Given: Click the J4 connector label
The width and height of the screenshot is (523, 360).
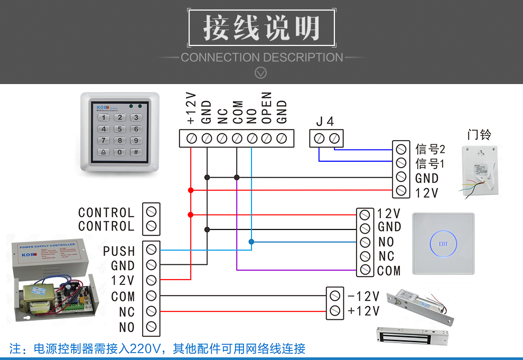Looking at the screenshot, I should (x=325, y=122).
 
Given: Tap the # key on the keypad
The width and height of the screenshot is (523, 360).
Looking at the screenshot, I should (x=136, y=152).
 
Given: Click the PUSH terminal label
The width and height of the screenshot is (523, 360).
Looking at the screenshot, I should (x=119, y=251).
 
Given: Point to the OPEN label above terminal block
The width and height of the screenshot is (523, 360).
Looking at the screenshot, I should (x=267, y=108).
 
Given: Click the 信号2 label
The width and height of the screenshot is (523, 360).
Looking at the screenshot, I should (x=430, y=149).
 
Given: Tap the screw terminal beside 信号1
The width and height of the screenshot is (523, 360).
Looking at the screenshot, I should (x=401, y=163).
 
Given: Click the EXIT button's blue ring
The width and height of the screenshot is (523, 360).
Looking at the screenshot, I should (x=443, y=244).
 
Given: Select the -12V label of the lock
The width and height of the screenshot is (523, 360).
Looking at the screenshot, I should (x=363, y=296).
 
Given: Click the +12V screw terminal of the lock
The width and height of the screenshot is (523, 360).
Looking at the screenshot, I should (x=334, y=310).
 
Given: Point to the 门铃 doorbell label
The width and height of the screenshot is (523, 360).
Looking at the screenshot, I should (x=479, y=134).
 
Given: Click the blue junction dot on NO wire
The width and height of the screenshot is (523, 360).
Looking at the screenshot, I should (x=251, y=242).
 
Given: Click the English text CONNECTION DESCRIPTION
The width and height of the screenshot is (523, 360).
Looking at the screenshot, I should (x=262, y=58).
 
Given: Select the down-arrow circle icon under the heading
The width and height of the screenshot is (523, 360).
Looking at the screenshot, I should (x=261, y=73).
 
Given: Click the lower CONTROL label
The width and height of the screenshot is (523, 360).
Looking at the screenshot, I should (x=106, y=226).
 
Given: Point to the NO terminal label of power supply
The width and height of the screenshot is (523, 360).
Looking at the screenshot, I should (x=127, y=327).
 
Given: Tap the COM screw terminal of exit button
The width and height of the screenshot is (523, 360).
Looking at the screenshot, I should (x=365, y=270).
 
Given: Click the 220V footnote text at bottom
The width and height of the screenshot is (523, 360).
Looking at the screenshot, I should (x=157, y=349).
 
